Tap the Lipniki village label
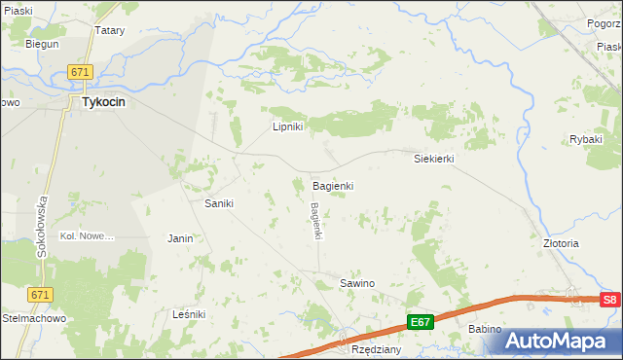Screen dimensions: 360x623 pyautogui.click(x=288, y=126)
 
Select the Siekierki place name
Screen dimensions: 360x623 pyautogui.click(x=434, y=158)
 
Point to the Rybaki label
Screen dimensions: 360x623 pyautogui.click(x=586, y=139)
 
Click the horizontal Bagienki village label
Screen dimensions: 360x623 pyautogui.click(x=332, y=185)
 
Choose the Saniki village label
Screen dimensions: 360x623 pyautogui.click(x=218, y=203)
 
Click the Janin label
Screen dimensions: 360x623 pyautogui.click(x=180, y=237)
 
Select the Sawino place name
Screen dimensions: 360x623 pyautogui.click(x=356, y=283)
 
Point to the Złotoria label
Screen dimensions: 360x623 pyautogui.click(x=561, y=243)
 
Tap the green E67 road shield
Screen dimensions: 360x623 pyautogui.click(x=420, y=322)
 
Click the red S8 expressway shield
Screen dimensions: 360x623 pyautogui.click(x=609, y=300)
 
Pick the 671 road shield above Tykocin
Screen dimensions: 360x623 pyautogui.click(x=80, y=73)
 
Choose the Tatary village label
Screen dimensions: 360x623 pyautogui.click(x=109, y=30)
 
